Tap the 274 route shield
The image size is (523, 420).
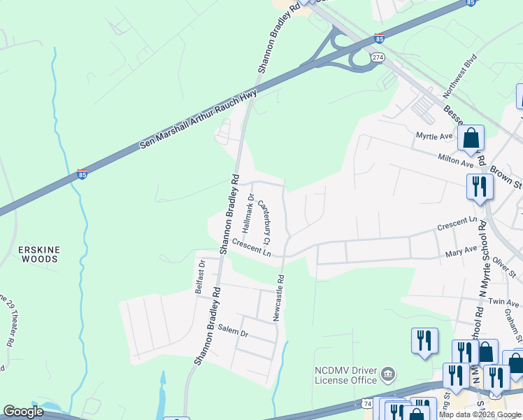(x=378, y=57)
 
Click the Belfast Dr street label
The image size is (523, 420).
(x=200, y=276)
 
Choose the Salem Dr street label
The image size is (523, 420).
(x=234, y=331)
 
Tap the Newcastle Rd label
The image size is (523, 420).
(x=279, y=297)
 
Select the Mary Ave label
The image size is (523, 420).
(x=461, y=250)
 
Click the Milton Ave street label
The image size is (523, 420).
(x=456, y=160)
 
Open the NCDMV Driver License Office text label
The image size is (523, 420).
(x=346, y=375)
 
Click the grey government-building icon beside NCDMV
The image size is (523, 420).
(x=389, y=375)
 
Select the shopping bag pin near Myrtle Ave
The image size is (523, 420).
(x=471, y=139)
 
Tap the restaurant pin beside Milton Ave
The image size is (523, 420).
(x=480, y=187)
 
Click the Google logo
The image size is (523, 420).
(x=24, y=412)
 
